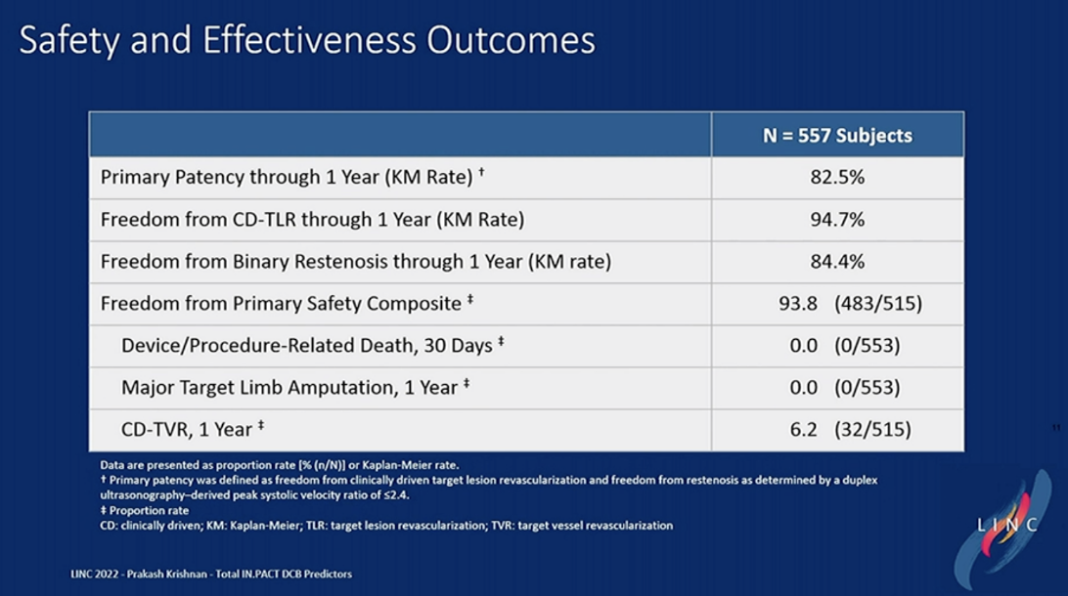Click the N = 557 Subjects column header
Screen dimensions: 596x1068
pyautogui.click(x=837, y=136)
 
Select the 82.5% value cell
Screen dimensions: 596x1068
pyautogui.click(x=837, y=178)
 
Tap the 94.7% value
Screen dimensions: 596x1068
pyautogui.click(x=837, y=220)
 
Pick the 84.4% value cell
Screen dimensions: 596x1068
pyautogui.click(x=837, y=262)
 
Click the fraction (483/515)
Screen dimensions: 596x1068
pyautogui.click(x=877, y=304)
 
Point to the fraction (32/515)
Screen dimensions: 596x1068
pyautogui.click(x=872, y=430)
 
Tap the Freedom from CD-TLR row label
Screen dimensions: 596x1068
pyautogui.click(x=312, y=220)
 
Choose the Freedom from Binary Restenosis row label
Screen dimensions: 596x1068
pyautogui.click(x=355, y=262)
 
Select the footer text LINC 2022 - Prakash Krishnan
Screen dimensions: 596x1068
pyautogui.click(x=197, y=574)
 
